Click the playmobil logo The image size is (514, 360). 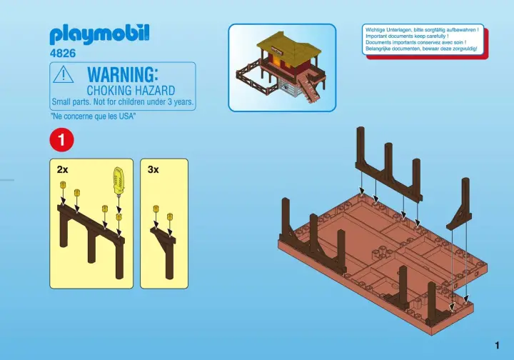pyautogui.click(x=99, y=34)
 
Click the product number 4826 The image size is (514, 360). pyautogui.click(x=63, y=53)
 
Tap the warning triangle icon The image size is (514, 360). pyautogui.click(x=64, y=74)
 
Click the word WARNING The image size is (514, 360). pyautogui.click(x=123, y=74)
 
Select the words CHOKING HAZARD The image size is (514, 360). pyautogui.click(x=131, y=90)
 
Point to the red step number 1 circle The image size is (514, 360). pyautogui.click(x=61, y=140)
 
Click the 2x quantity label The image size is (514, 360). pyautogui.click(x=62, y=169)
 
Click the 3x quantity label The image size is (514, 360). pyautogui.click(x=153, y=169)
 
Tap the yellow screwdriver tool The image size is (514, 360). pyautogui.click(x=119, y=181)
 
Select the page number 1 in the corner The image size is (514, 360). pyautogui.click(x=498, y=345)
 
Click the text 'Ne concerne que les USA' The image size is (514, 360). pyautogui.click(x=93, y=116)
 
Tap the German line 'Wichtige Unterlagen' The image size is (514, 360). pyautogui.click(x=422, y=30)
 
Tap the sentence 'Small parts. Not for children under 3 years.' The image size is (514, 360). pyautogui.click(x=123, y=102)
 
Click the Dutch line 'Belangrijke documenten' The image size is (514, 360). pyautogui.click(x=421, y=49)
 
